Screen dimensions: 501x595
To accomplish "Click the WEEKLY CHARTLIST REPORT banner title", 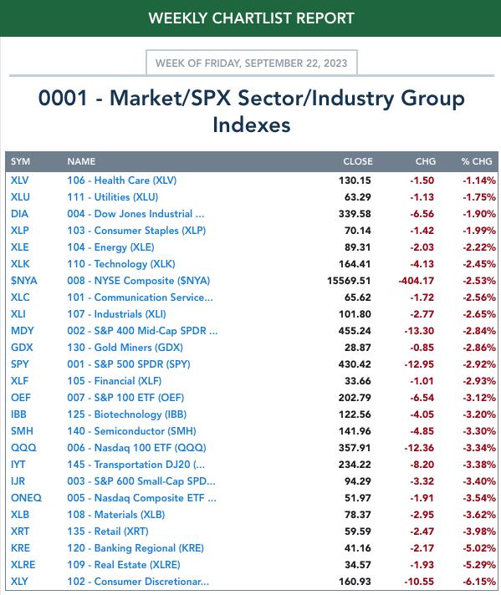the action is tap(252, 18).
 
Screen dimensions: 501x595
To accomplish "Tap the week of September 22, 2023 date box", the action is tap(252, 63).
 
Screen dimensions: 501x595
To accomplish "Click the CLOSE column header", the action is tap(358, 161).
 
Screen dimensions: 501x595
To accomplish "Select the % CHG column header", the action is tap(477, 161).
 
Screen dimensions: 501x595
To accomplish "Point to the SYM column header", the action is tap(21, 161).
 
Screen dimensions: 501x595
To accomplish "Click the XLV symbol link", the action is tap(20, 181).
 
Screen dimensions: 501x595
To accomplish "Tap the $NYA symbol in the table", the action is tap(24, 281).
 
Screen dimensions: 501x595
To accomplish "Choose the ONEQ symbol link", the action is tap(26, 498).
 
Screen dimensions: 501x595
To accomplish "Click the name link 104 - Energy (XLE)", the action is tap(111, 247).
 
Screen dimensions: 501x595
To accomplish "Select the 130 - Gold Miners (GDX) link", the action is tap(125, 348).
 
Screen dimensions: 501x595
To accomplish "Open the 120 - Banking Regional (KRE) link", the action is tap(135, 548).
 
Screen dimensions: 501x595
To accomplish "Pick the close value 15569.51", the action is tap(349, 281).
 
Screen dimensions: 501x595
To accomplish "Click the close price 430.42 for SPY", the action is tap(355, 364).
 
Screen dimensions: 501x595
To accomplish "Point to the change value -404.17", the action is tap(416, 281).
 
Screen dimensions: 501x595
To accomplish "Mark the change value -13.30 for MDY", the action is tap(419, 331).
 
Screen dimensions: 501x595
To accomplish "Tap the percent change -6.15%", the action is tap(479, 582).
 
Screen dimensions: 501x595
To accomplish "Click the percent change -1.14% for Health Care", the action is tap(479, 181).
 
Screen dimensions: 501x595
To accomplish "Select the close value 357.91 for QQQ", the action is tap(355, 448).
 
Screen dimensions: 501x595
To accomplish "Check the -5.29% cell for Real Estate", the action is tap(479, 565).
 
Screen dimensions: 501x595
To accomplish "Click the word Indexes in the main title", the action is tap(252, 125).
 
